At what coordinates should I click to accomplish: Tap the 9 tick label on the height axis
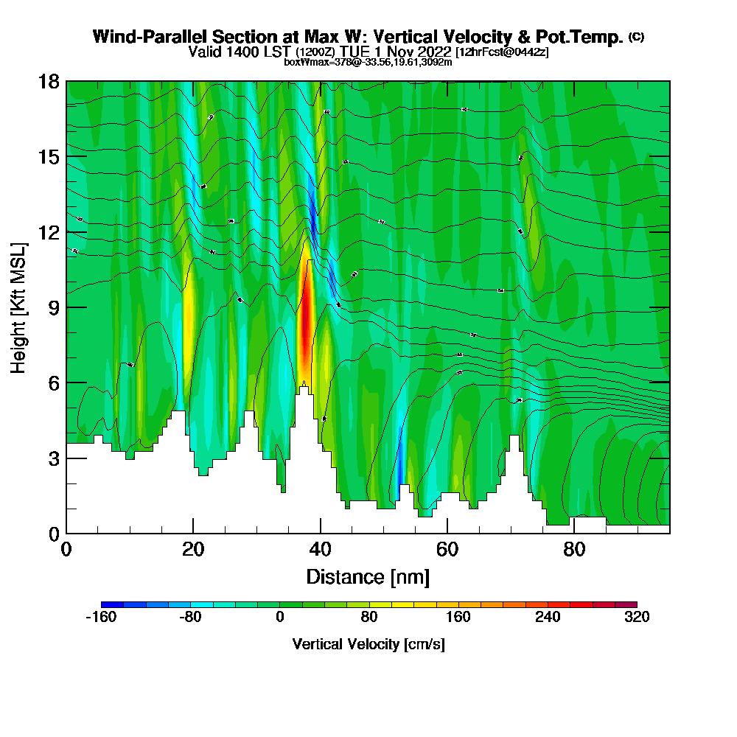(54, 307)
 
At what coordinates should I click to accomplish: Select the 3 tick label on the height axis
(54, 458)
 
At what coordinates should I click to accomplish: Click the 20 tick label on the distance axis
(193, 550)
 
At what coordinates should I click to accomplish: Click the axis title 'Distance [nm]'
(368, 576)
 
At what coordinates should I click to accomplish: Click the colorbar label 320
(637, 618)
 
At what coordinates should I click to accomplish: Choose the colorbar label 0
(280, 618)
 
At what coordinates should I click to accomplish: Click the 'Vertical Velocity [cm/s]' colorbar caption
(368, 644)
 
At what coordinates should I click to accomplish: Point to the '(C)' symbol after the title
(636, 37)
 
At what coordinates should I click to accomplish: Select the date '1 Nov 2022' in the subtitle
(414, 52)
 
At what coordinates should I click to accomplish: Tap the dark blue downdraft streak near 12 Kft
(313, 217)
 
